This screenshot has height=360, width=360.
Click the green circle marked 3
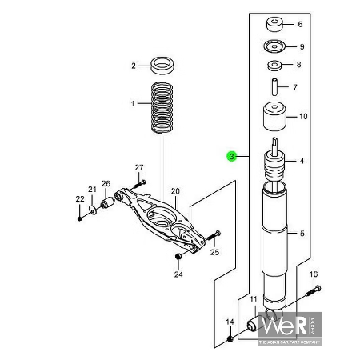point(231,157)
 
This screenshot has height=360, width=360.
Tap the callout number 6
point(301,24)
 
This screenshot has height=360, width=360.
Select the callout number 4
point(302,162)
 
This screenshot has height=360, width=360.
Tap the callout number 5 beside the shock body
point(302,234)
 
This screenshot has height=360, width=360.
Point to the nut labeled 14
point(230,339)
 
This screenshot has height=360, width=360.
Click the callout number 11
point(253,300)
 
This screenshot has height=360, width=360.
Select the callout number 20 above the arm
point(175,190)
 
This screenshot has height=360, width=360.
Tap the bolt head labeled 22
point(80,217)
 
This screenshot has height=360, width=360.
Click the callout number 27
point(138,167)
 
